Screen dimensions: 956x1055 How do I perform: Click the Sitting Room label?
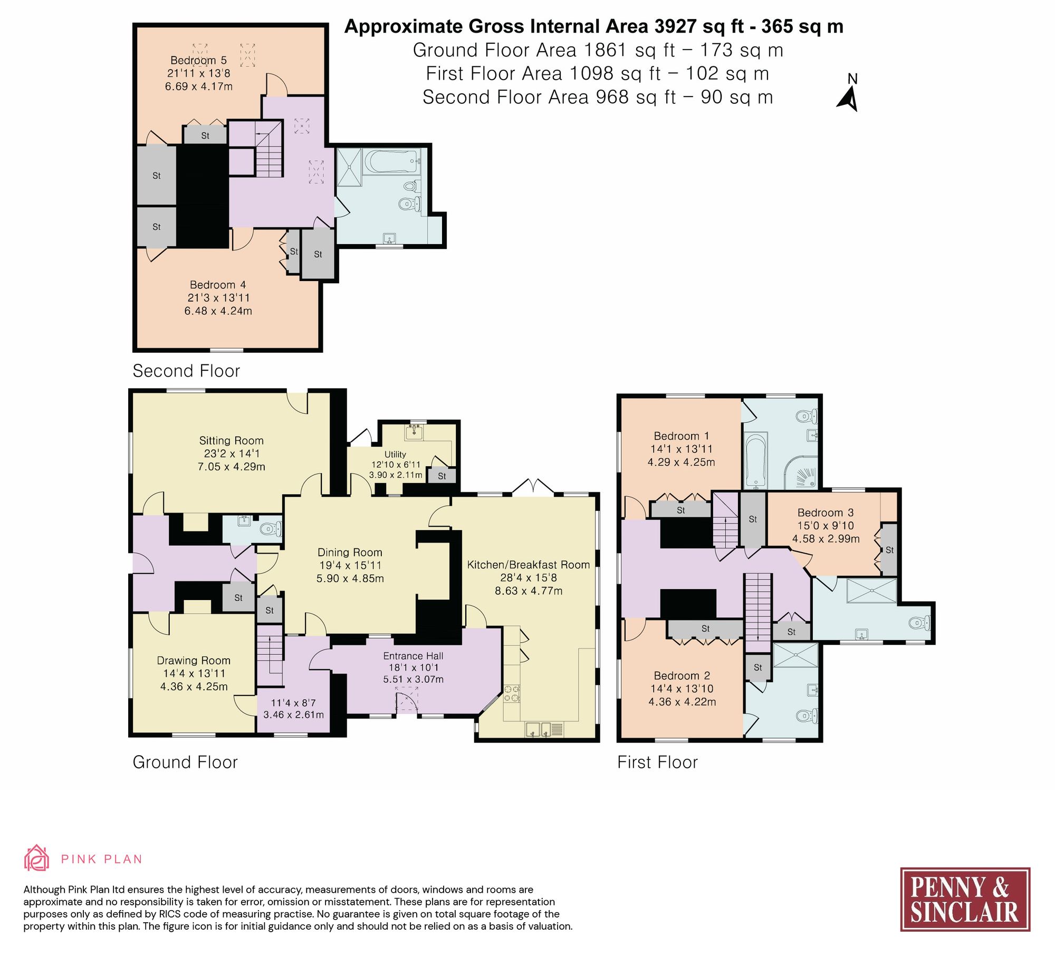click(231, 440)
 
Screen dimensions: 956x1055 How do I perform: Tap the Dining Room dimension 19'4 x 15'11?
click(350, 565)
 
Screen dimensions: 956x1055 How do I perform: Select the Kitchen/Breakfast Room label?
click(528, 565)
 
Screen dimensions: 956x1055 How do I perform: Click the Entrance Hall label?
click(413, 656)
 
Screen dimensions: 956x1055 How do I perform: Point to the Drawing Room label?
click(194, 660)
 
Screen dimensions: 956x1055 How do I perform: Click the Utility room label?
click(395, 455)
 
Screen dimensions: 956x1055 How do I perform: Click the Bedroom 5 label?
click(198, 60)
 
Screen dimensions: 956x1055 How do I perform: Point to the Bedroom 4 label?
click(217, 285)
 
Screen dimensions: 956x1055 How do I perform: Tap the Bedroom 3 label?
click(825, 513)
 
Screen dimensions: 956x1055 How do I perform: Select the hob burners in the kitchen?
click(511, 694)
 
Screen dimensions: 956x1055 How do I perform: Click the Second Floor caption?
click(186, 371)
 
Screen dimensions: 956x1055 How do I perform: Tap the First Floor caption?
click(657, 762)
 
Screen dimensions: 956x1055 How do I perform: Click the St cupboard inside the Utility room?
click(442, 476)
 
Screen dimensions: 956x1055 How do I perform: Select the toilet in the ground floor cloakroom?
click(271, 529)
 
